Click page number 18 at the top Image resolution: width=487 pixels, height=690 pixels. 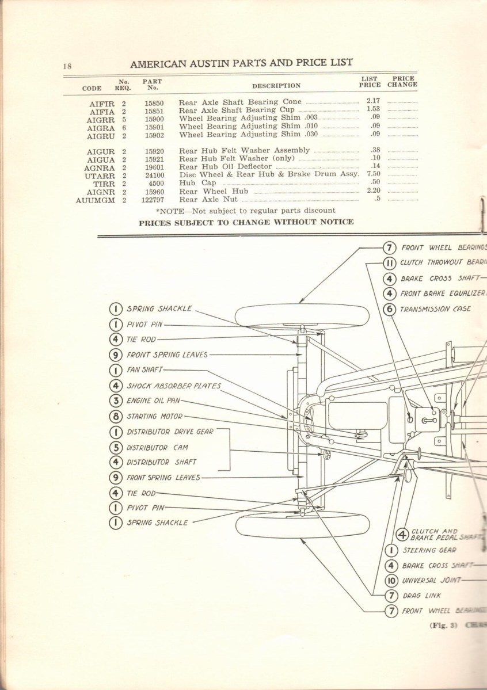[x=67, y=66]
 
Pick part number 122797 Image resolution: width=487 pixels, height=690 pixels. [x=153, y=200]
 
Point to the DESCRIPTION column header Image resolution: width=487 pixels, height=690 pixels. [x=276, y=86]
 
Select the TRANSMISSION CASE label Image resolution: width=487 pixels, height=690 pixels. [x=436, y=308]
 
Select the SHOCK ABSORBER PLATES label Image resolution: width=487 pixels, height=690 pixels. [x=173, y=386]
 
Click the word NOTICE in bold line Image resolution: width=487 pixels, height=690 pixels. [x=336, y=222]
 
